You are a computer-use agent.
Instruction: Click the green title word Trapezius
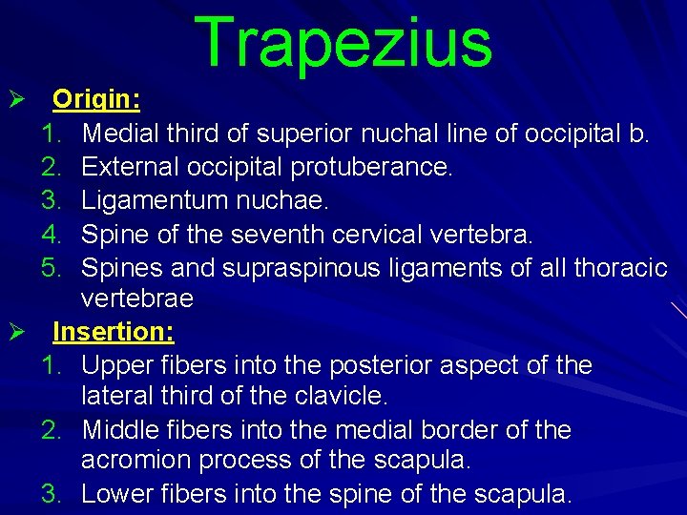point(343,43)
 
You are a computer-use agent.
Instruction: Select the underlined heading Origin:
point(96,100)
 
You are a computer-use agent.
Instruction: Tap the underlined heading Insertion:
point(114,332)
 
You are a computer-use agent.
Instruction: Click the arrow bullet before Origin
point(14,100)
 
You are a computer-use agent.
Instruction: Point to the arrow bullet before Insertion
point(14,332)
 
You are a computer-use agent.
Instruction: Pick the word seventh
point(249,234)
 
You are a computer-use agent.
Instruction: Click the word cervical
point(362,234)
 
